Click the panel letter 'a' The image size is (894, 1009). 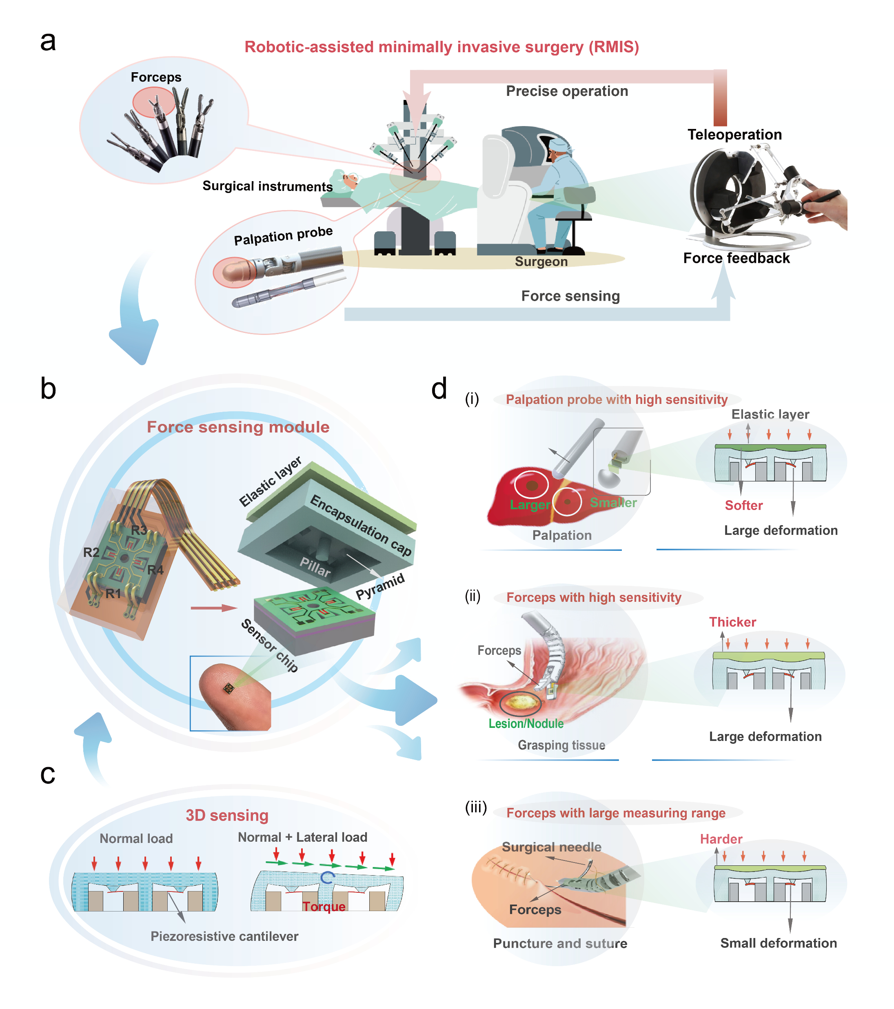point(48,42)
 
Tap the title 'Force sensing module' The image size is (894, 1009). point(238,427)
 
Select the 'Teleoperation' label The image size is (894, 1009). point(734,135)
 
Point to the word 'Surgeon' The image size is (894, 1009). point(541,262)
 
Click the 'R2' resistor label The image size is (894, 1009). point(91,552)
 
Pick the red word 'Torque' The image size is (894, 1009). point(324,907)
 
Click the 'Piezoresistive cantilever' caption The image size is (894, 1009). point(224,936)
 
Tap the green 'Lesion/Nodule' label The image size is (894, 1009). point(526,724)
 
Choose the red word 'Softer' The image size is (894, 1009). point(743,506)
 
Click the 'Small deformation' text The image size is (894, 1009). point(779,943)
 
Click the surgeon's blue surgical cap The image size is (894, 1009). point(560,144)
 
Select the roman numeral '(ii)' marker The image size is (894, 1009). point(473,597)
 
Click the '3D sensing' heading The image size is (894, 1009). point(227,816)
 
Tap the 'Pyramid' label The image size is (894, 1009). point(380,586)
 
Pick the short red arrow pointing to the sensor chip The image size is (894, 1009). point(213,608)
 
